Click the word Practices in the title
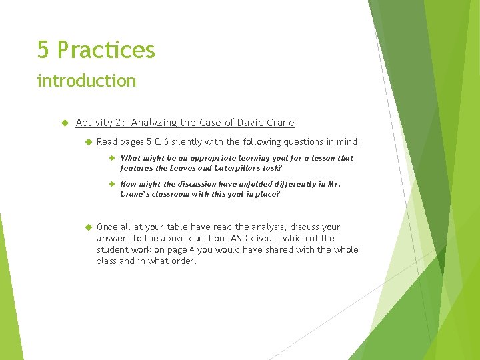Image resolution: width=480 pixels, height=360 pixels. (106, 50)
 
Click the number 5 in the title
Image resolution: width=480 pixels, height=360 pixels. (43, 50)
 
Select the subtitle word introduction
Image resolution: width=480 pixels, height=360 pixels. (87, 81)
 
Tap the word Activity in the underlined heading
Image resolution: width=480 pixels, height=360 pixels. (94, 123)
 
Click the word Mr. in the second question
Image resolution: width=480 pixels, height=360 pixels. (333, 184)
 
